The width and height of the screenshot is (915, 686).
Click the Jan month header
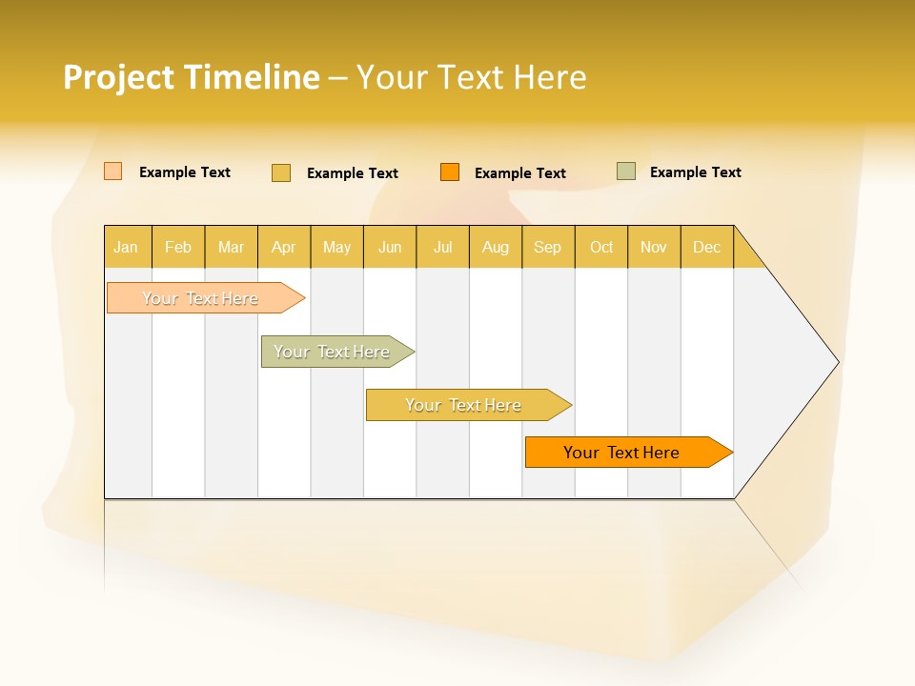pos(127,247)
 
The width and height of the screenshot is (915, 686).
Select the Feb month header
pos(178,247)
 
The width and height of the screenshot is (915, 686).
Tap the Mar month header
pos(231,247)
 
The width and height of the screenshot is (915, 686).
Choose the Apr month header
pos(284,247)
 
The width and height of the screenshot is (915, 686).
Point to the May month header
pos(336,247)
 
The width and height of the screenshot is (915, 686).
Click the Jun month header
pos(390,247)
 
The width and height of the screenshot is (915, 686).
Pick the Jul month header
pos(442,247)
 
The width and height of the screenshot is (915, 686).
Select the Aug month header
pos(496,247)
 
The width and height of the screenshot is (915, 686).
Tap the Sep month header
pos(548,247)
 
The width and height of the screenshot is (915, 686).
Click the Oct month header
pos(601,247)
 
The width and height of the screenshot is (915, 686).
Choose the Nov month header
pos(654,247)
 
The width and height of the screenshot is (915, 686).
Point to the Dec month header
pos(707,247)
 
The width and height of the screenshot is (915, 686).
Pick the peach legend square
pos(113,171)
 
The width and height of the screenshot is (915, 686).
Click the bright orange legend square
pos(450,172)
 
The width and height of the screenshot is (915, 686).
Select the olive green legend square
pos(626,171)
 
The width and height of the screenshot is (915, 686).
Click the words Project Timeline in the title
pos(192,77)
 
